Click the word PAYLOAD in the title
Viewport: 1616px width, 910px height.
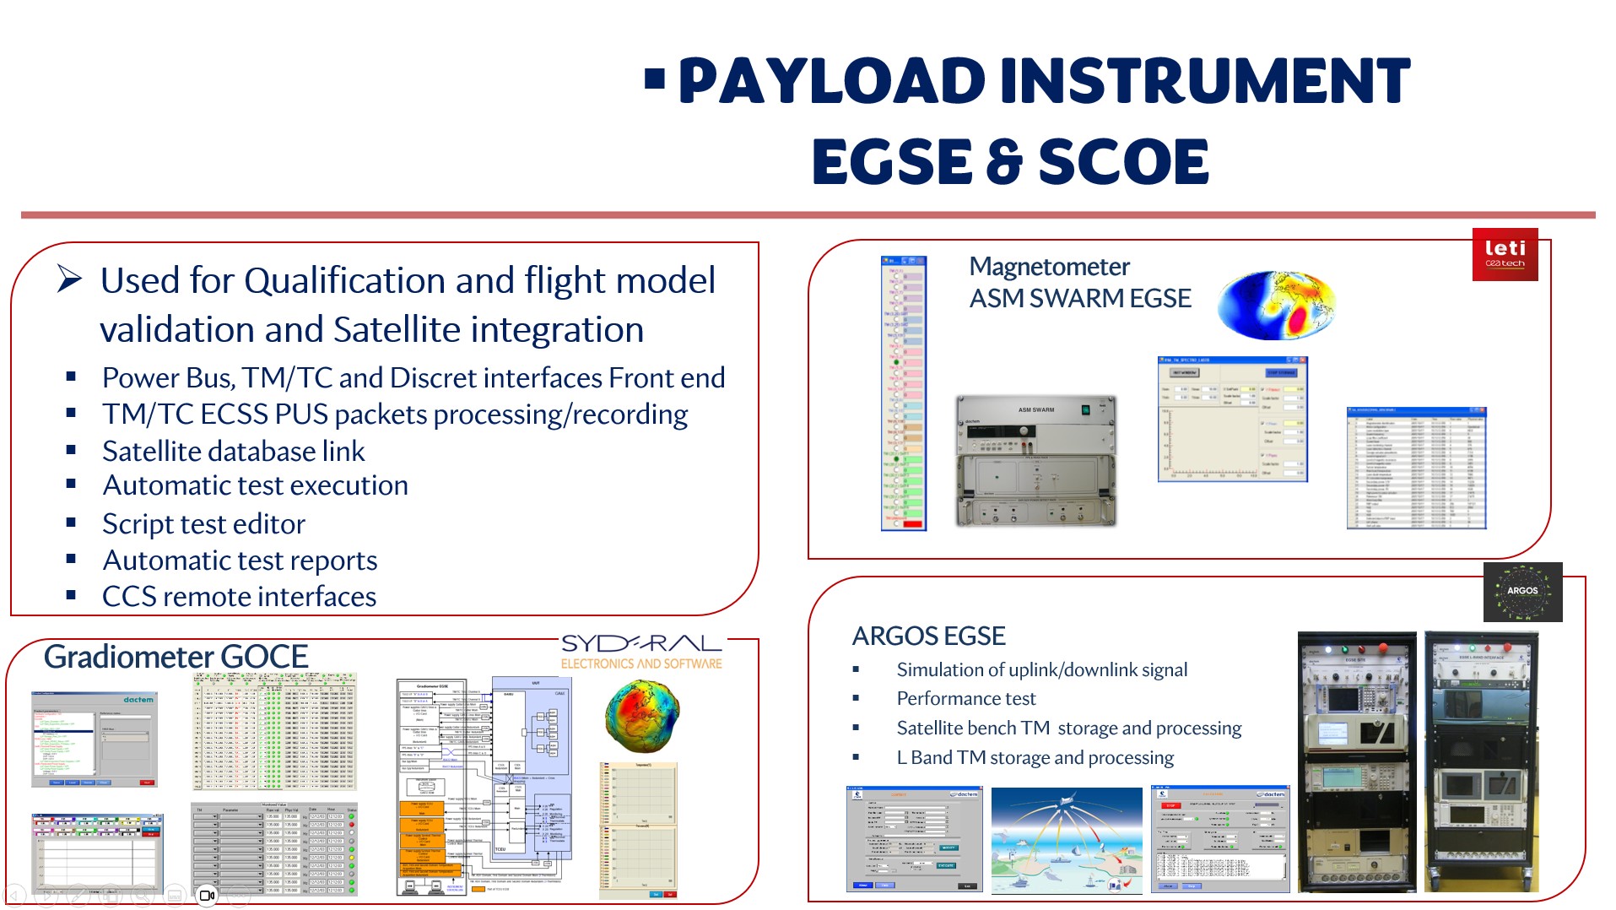click(x=831, y=81)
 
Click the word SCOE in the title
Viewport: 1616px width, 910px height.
click(x=1123, y=161)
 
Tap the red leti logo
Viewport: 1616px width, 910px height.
click(x=1505, y=254)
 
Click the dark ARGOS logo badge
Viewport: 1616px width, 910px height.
click(x=1522, y=592)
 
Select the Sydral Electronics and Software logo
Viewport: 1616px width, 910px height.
click(x=641, y=652)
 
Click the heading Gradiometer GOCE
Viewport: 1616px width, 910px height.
click(x=176, y=657)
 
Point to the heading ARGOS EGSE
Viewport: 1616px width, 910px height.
click(x=928, y=636)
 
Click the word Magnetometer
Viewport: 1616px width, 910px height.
click(x=1049, y=267)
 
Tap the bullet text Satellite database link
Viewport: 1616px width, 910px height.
click(x=233, y=452)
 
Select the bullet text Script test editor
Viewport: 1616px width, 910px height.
click(x=203, y=524)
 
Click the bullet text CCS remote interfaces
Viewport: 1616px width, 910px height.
click(x=239, y=597)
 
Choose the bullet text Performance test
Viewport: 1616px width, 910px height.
click(x=965, y=699)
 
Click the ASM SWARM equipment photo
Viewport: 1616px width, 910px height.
click(x=1035, y=461)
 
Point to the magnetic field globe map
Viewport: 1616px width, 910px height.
click(x=1276, y=305)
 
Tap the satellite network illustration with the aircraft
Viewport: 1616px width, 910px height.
click(x=1066, y=840)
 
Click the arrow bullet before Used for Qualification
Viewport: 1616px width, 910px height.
click(x=70, y=279)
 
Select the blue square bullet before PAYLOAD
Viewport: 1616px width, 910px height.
click(x=654, y=79)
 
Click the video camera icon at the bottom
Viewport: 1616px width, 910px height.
click(x=207, y=895)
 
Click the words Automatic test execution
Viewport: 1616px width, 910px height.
click(x=255, y=486)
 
